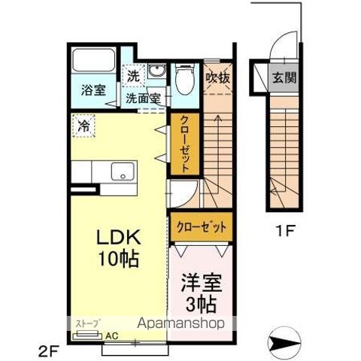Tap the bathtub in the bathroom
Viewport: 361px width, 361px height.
[93, 60]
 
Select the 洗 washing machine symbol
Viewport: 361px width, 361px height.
[133, 75]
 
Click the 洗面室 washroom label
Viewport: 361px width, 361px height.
[143, 99]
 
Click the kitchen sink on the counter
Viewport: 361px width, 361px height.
[120, 172]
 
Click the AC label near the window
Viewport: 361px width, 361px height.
[111, 335]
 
